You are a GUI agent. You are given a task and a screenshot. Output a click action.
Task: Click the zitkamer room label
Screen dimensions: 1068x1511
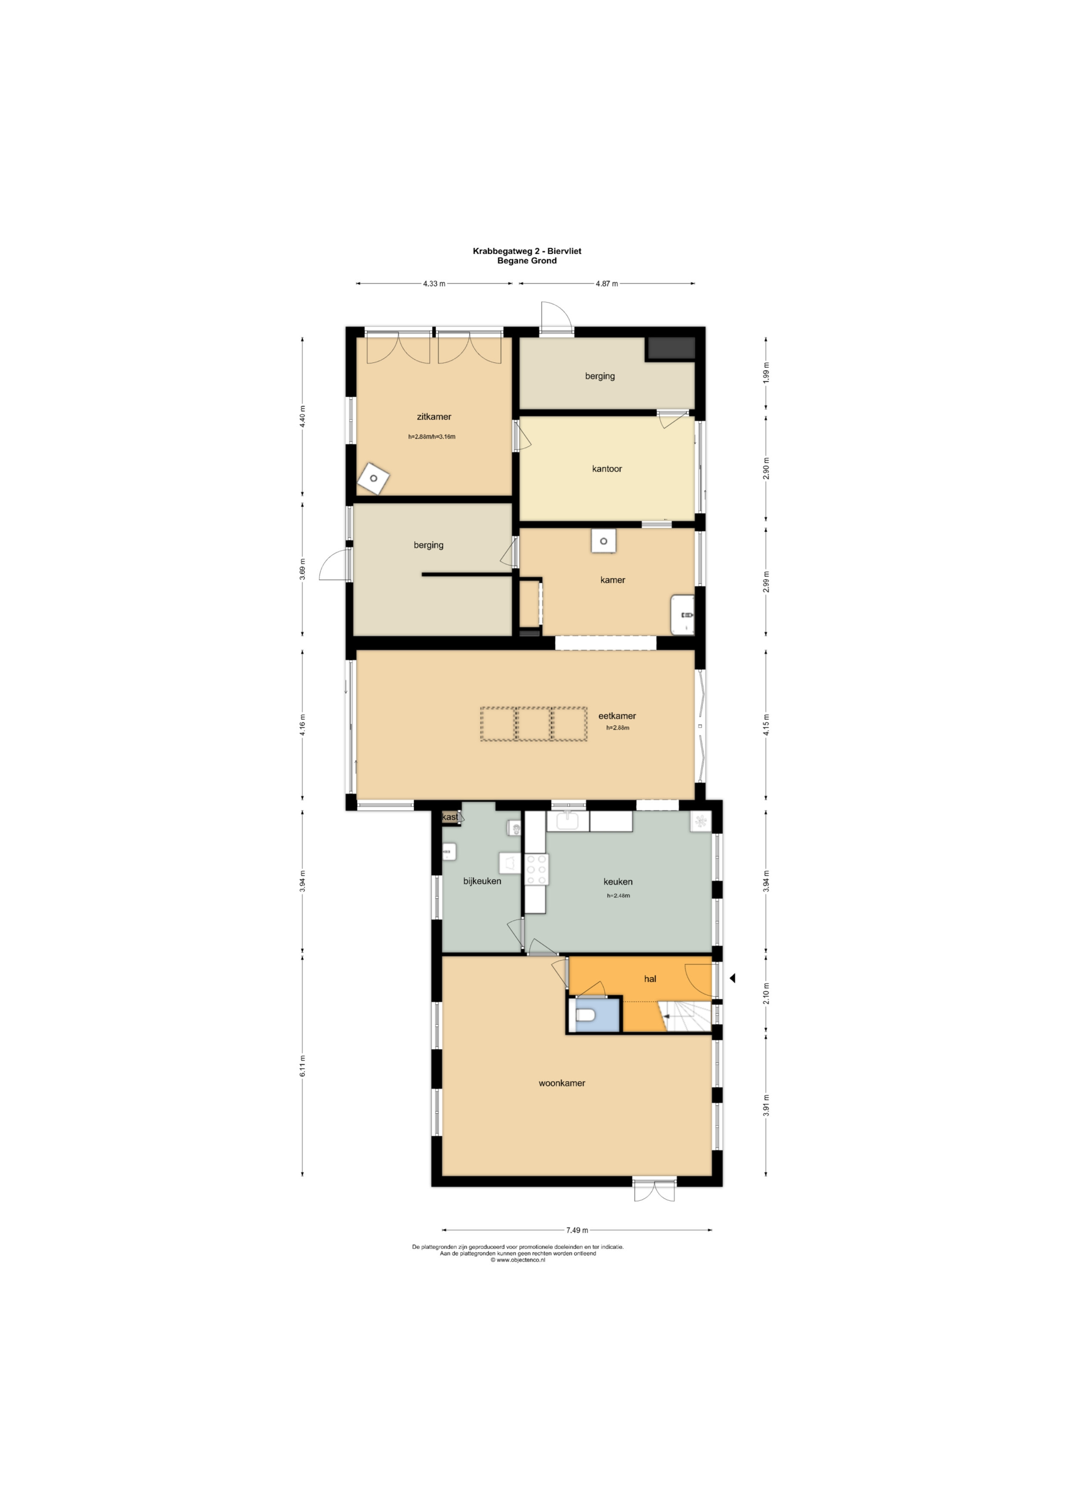coord(434,417)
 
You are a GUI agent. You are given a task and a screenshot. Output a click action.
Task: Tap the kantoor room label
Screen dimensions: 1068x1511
coord(607,469)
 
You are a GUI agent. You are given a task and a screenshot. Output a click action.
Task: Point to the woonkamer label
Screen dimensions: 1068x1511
coord(562,1083)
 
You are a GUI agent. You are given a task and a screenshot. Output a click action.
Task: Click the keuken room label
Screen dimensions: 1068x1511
coord(618,881)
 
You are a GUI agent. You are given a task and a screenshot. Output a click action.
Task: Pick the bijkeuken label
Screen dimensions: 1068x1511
coord(482,881)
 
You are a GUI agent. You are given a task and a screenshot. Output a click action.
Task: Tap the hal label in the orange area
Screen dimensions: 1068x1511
coord(650,978)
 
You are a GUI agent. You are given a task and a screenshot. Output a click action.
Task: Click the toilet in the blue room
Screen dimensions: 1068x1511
coord(585,1016)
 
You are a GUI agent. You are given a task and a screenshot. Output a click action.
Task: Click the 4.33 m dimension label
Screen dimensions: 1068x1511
coord(433,284)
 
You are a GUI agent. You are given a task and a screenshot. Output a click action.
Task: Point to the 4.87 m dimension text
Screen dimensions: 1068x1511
coord(607,284)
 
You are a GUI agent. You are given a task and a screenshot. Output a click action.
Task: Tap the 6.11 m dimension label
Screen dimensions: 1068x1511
coord(303,1065)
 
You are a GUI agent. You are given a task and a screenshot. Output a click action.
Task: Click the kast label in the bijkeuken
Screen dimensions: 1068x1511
coord(450,817)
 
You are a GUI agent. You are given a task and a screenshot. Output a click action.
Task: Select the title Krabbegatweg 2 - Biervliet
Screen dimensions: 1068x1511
coord(527,251)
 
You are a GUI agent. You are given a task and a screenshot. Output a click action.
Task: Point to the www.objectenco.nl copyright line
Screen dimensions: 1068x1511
coord(517,1260)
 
